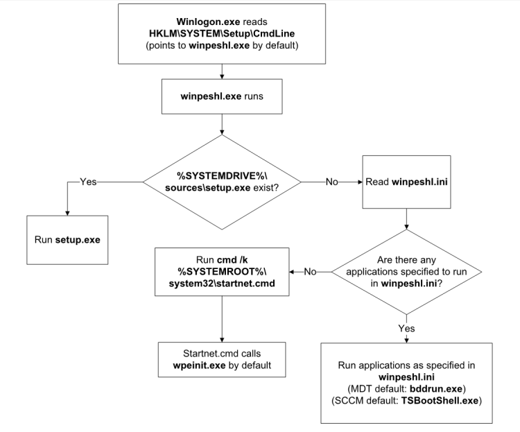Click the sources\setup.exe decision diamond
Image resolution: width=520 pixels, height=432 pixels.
tap(221, 182)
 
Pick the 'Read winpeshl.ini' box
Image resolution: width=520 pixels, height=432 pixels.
tap(405, 182)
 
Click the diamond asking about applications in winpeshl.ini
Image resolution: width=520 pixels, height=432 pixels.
tap(405, 271)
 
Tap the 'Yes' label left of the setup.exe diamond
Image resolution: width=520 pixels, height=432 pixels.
tap(88, 182)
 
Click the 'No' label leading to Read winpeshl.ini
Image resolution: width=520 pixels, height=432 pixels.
tap(332, 182)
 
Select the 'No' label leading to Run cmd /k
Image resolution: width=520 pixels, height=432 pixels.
tap(311, 271)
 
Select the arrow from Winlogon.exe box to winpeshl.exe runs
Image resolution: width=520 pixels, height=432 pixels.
tap(221, 71)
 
